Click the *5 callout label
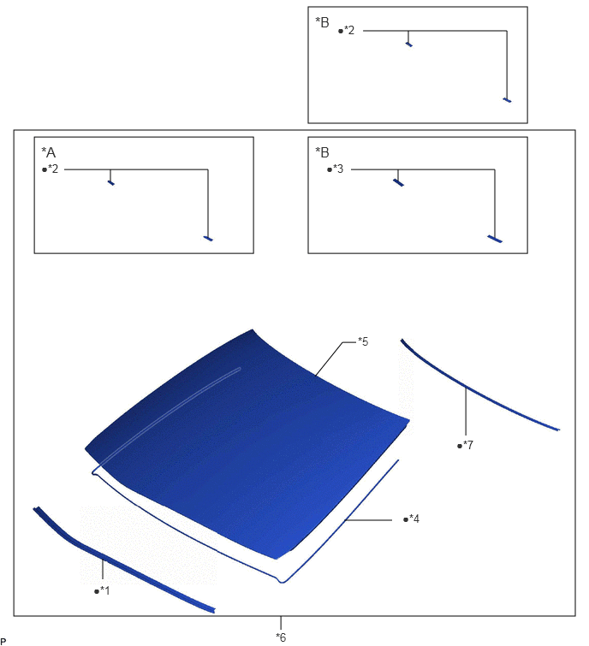[363, 341]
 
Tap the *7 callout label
[468, 445]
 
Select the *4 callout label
[414, 519]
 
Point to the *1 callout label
[105, 590]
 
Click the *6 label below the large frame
[281, 637]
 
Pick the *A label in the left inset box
[48, 152]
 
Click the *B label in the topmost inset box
[322, 22]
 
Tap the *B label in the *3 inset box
[322, 152]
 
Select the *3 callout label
[338, 169]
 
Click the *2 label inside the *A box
[53, 169]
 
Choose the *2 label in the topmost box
[349, 31]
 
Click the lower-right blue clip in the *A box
[208, 238]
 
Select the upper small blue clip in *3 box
[398, 182]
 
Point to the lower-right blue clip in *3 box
[495, 239]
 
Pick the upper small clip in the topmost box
[409, 44]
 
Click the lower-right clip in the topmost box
[508, 100]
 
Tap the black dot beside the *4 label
[406, 519]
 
